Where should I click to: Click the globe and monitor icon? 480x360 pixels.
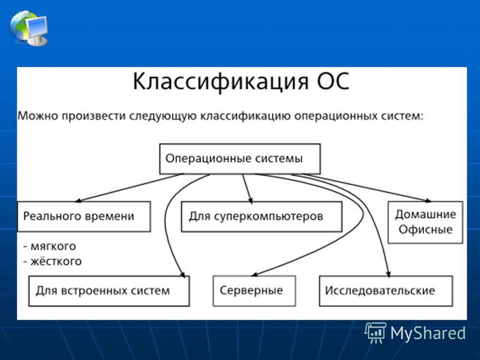(29, 28)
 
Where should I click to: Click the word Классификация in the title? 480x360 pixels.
(220, 82)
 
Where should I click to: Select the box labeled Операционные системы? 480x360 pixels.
(240, 159)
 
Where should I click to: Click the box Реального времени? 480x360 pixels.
(84, 217)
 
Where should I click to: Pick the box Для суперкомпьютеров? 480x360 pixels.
(262, 217)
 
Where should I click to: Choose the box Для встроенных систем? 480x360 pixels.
(109, 291)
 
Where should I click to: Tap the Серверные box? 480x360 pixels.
(254, 291)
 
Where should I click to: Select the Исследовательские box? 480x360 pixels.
(386, 291)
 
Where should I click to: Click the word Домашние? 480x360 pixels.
(425, 214)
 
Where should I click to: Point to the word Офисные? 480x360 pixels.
(425, 229)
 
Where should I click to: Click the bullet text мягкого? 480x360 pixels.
(53, 246)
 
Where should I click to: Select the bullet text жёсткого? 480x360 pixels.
(56, 262)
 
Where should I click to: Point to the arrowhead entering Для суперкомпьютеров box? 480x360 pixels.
(251, 200)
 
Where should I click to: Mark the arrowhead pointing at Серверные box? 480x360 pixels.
(254, 274)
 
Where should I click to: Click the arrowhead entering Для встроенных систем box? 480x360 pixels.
(183, 275)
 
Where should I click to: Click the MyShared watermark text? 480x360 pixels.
(428, 333)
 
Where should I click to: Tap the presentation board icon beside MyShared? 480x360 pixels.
(376, 333)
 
